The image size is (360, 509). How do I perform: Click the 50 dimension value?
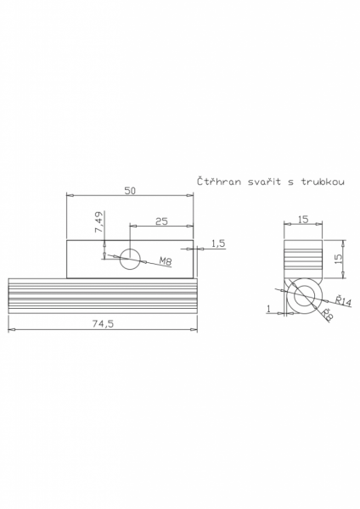[130, 191]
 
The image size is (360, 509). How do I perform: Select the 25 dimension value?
[161, 221]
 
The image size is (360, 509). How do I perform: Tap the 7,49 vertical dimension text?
[99, 222]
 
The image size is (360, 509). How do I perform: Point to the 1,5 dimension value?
[219, 243]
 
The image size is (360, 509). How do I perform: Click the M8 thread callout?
[166, 260]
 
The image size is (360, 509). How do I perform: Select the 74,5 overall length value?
[103, 324]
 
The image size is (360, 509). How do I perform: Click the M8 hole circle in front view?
[130, 259]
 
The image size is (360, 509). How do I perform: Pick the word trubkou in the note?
[323, 182]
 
